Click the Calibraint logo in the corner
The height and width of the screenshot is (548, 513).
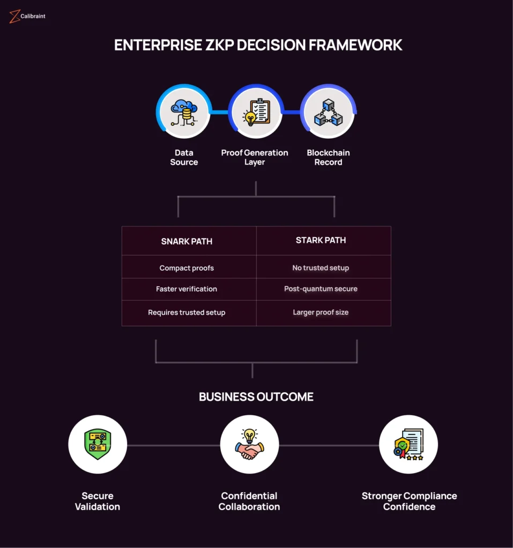coord(27,16)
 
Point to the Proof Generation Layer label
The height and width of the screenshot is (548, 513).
coord(255,157)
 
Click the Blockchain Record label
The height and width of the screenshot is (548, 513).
coord(328,157)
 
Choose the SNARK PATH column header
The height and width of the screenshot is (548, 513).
coord(187,241)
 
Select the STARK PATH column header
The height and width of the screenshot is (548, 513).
coord(321,240)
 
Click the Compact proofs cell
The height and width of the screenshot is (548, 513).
coord(187,268)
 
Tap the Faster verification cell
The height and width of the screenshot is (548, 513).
coord(187,289)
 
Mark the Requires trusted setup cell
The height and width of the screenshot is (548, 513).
coord(187,313)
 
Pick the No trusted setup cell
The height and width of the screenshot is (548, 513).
coord(321,268)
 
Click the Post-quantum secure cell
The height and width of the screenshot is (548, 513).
coord(321,289)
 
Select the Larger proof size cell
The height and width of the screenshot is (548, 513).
coord(321,313)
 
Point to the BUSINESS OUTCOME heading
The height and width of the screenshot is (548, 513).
coord(256,397)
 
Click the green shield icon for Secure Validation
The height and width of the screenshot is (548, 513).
coord(98,444)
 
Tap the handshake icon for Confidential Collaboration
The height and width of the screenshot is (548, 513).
coord(249,444)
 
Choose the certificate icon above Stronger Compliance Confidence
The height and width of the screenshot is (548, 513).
coord(408,444)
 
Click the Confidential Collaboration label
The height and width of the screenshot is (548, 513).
coord(249,501)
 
